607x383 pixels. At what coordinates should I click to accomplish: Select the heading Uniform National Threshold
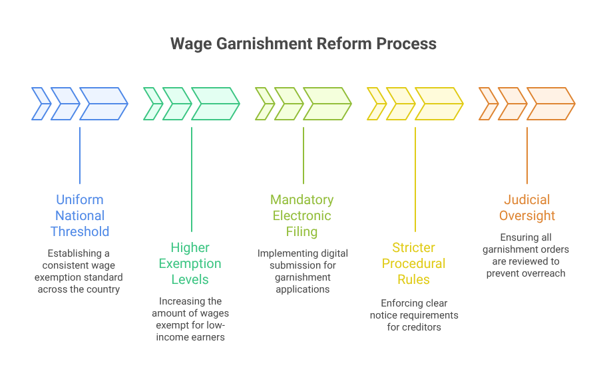click(x=80, y=215)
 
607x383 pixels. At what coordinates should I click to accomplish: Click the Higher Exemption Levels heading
click(x=190, y=264)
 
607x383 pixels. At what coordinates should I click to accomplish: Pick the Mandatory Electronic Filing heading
click(x=302, y=215)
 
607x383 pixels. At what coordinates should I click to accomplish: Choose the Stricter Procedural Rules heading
click(x=414, y=264)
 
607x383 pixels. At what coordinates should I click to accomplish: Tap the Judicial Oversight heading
click(x=527, y=207)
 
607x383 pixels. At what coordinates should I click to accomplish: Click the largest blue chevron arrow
click(x=104, y=104)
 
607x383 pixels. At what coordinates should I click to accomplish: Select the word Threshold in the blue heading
click(x=80, y=231)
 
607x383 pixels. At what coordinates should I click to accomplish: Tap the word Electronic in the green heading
click(x=302, y=215)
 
